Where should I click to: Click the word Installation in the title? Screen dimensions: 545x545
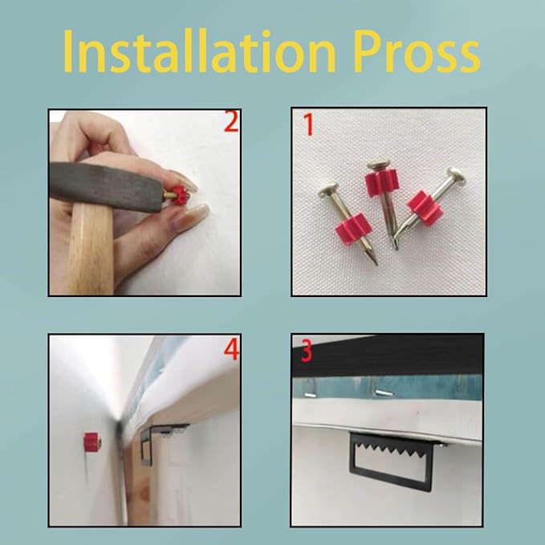pyautogui.click(x=199, y=51)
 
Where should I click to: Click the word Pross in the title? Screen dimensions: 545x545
pyautogui.click(x=417, y=51)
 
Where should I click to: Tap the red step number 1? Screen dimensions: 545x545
pyautogui.click(x=309, y=124)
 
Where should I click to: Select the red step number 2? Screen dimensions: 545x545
pyautogui.click(x=231, y=121)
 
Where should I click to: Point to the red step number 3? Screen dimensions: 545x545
pyautogui.click(x=307, y=351)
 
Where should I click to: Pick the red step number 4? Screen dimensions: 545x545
pyautogui.click(x=231, y=350)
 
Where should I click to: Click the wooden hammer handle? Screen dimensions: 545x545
pyautogui.click(x=91, y=249)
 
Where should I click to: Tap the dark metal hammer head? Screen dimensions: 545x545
pyautogui.click(x=106, y=187)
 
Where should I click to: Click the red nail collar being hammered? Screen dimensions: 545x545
pyautogui.click(x=181, y=195)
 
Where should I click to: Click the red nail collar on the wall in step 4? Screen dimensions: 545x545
pyautogui.click(x=92, y=442)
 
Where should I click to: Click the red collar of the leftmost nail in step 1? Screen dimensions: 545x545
pyautogui.click(x=354, y=229)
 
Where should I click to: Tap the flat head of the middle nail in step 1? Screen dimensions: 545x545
pyautogui.click(x=378, y=165)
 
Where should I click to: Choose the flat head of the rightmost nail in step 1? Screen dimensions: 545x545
pyautogui.click(x=456, y=177)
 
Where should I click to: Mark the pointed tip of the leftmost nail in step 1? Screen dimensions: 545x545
pyautogui.click(x=376, y=264)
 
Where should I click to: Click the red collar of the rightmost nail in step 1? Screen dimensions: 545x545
pyautogui.click(x=425, y=208)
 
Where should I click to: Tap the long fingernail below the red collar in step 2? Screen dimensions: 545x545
pyautogui.click(x=193, y=216)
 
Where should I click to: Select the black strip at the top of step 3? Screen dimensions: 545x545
pyautogui.click(x=388, y=356)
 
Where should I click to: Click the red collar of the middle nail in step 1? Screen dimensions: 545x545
pyautogui.click(x=381, y=183)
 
